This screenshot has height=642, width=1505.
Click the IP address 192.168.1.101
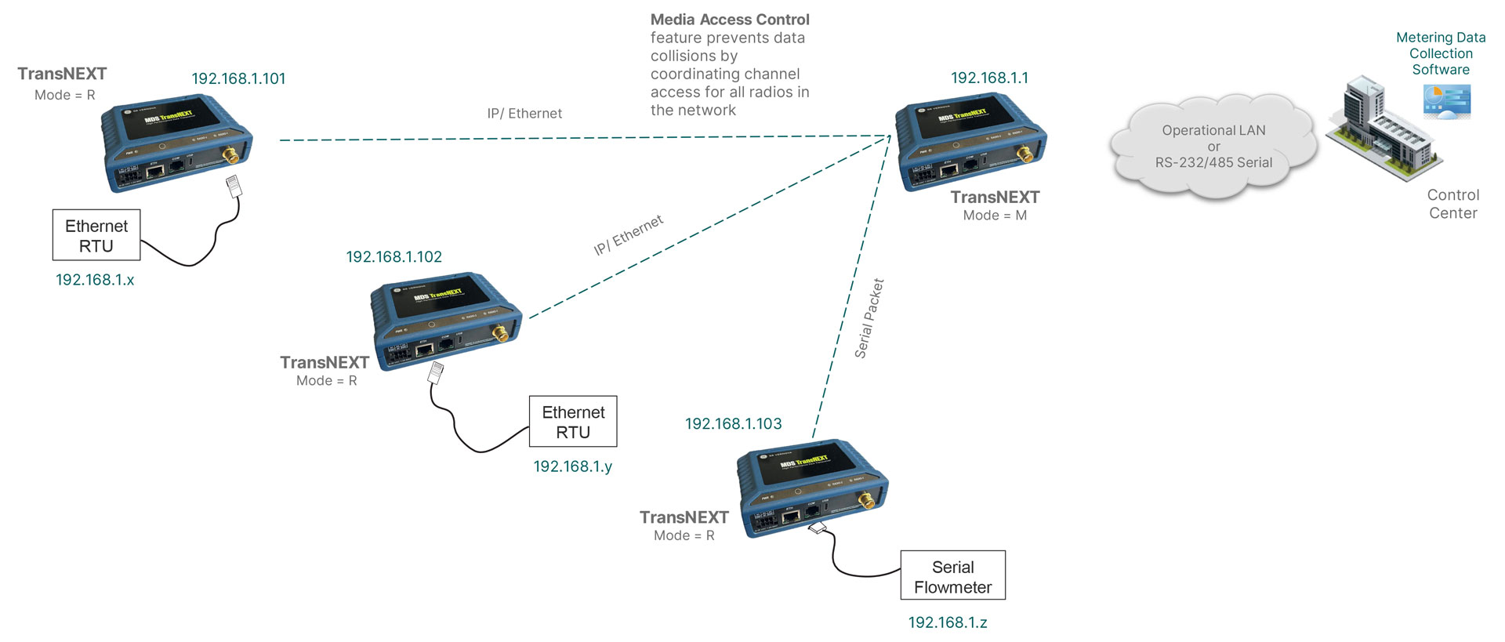coord(238,78)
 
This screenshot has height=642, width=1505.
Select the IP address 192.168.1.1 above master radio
coord(989,78)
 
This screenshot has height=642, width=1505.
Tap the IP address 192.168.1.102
coord(393,256)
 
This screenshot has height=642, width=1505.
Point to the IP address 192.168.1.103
coord(733,423)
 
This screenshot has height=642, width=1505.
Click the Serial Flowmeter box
coord(952,576)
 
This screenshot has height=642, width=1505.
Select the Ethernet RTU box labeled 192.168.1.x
coord(96,235)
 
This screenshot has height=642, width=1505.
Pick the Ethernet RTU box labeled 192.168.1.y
coord(573,422)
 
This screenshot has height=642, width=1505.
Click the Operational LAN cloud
coord(1213,147)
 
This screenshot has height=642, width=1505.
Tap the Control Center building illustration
coord(1381,129)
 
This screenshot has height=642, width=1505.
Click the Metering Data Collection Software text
coord(1440,53)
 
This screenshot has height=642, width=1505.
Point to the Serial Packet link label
coord(869,318)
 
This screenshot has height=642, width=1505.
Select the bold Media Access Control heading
coord(730,20)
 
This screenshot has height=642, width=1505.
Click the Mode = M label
coord(995,215)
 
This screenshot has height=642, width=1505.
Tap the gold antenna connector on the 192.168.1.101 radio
coord(231,155)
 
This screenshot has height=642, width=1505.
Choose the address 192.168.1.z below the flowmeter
coord(947,622)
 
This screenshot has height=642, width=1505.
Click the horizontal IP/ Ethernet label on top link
coord(524,114)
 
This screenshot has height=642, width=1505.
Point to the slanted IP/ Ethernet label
coord(629,234)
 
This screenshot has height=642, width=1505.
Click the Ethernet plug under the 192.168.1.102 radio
coord(435,372)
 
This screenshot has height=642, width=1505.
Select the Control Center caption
coord(1452,204)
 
